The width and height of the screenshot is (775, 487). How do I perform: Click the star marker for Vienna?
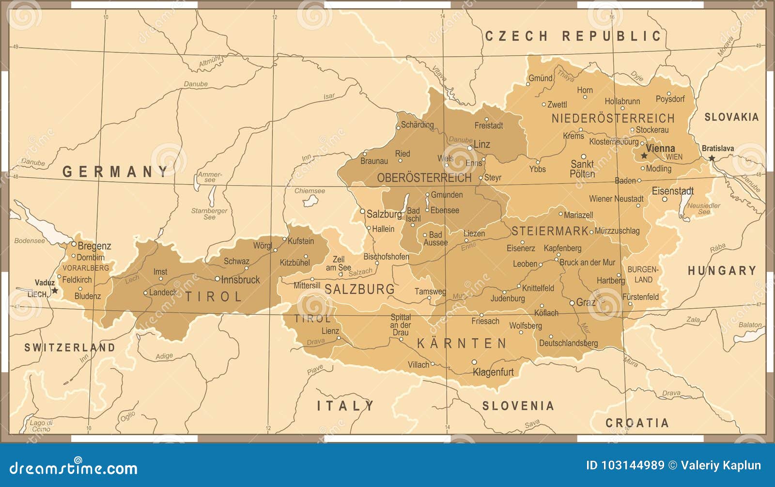click(644, 156)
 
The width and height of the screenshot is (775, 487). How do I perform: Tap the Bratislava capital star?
click(711, 158)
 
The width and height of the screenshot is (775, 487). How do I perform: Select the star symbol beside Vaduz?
click(55, 290)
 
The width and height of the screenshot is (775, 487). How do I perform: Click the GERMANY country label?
click(115, 172)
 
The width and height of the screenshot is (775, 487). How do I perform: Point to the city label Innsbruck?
click(240, 280)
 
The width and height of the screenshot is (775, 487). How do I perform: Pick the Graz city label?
click(586, 302)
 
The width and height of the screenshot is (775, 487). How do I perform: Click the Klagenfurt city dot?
click(474, 362)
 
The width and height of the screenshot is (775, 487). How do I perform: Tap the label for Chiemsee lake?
click(310, 191)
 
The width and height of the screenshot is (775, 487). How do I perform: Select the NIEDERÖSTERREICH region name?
click(613, 118)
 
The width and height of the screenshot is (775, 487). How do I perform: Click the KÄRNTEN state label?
click(462, 344)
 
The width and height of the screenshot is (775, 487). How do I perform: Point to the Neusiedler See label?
click(703, 208)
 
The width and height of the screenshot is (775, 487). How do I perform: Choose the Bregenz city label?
click(94, 246)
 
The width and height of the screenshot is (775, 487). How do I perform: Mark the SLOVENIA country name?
click(518, 406)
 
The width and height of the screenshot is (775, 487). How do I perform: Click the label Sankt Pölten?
click(582, 169)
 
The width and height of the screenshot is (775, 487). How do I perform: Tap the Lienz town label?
click(330, 331)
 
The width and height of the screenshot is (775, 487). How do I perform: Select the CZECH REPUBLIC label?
click(573, 36)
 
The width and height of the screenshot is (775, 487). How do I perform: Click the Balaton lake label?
click(750, 325)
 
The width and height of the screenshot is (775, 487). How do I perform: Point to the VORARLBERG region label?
click(86, 268)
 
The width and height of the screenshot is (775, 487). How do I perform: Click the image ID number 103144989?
click(633, 466)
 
